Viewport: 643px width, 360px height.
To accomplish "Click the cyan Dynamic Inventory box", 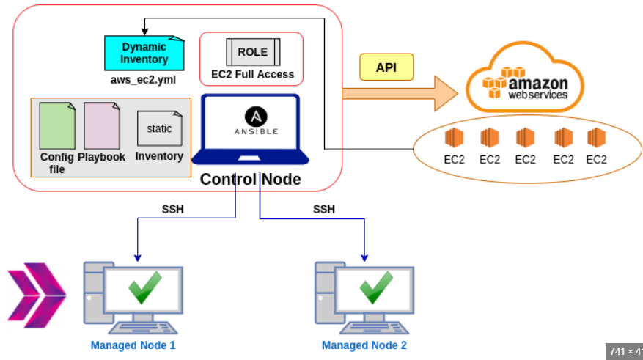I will [144, 53].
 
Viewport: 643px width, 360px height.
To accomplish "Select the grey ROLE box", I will [252, 53].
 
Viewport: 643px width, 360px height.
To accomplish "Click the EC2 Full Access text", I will [252, 74].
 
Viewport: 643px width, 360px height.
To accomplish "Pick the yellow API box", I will [386, 67].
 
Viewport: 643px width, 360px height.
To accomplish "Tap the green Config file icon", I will [57, 126].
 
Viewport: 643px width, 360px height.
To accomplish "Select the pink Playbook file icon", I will [102, 126].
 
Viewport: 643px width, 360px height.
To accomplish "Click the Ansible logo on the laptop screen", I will [256, 117].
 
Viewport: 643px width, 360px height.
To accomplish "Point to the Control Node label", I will [250, 179].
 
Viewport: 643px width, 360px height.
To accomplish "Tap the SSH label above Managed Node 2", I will [324, 209].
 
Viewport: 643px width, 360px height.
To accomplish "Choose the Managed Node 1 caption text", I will [133, 345].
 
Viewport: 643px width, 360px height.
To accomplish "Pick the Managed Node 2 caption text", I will [364, 345].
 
